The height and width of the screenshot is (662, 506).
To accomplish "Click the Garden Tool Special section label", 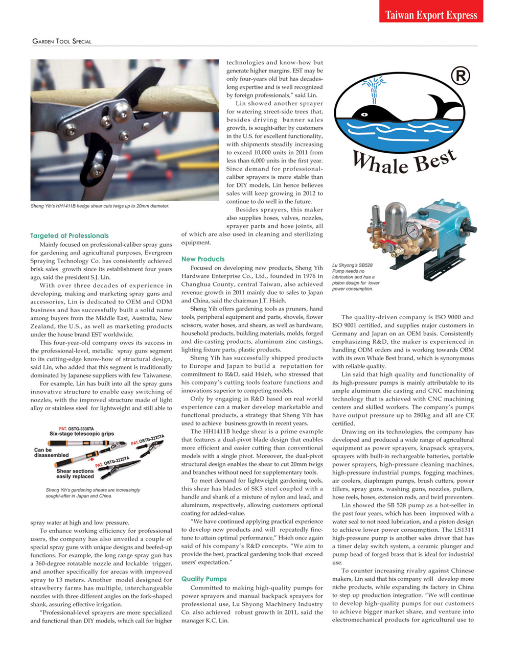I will [61, 41].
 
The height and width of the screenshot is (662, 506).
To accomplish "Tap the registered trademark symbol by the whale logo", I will [460, 76].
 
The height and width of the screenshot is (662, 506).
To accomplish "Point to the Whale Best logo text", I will [404, 161].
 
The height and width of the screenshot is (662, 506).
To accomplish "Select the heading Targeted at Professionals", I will [70, 235].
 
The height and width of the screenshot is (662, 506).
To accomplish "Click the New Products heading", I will [203, 259].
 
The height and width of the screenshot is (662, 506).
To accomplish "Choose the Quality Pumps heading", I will [204, 579].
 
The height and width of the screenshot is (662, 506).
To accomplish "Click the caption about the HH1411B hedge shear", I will [100, 206].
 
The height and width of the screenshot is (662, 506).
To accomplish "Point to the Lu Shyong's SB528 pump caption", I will [356, 277].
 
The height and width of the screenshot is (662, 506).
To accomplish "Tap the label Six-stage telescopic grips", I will [82, 434].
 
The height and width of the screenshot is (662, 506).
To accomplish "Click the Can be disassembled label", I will [51, 453].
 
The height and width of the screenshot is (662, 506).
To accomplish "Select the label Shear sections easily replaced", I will [75, 474].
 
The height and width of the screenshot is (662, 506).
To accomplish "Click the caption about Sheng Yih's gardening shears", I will [93, 493].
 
